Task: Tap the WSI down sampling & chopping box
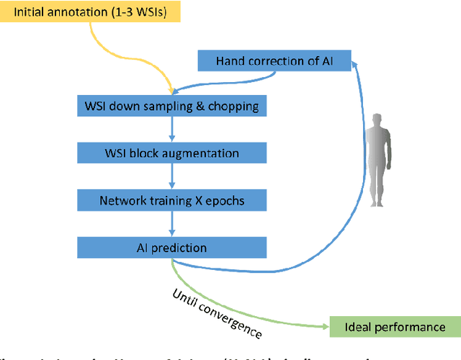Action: click(x=171, y=107)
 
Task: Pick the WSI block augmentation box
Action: click(x=171, y=153)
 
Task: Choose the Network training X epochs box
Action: click(x=171, y=200)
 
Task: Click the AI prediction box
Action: click(x=171, y=248)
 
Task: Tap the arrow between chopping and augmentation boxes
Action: click(x=171, y=130)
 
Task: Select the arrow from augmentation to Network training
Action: click(x=171, y=177)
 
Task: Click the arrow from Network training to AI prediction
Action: click(x=171, y=224)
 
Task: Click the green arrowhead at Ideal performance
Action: click(x=325, y=326)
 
